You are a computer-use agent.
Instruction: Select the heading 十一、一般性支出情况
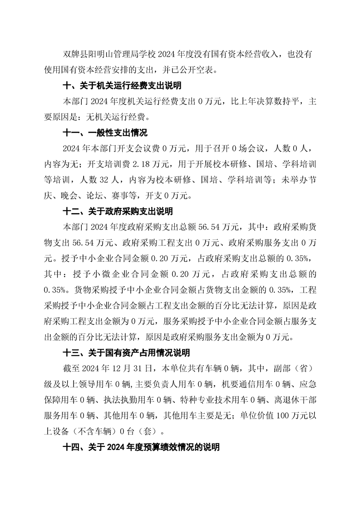105,133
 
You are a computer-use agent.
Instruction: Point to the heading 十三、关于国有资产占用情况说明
126,352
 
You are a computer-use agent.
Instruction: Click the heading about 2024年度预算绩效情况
141,447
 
